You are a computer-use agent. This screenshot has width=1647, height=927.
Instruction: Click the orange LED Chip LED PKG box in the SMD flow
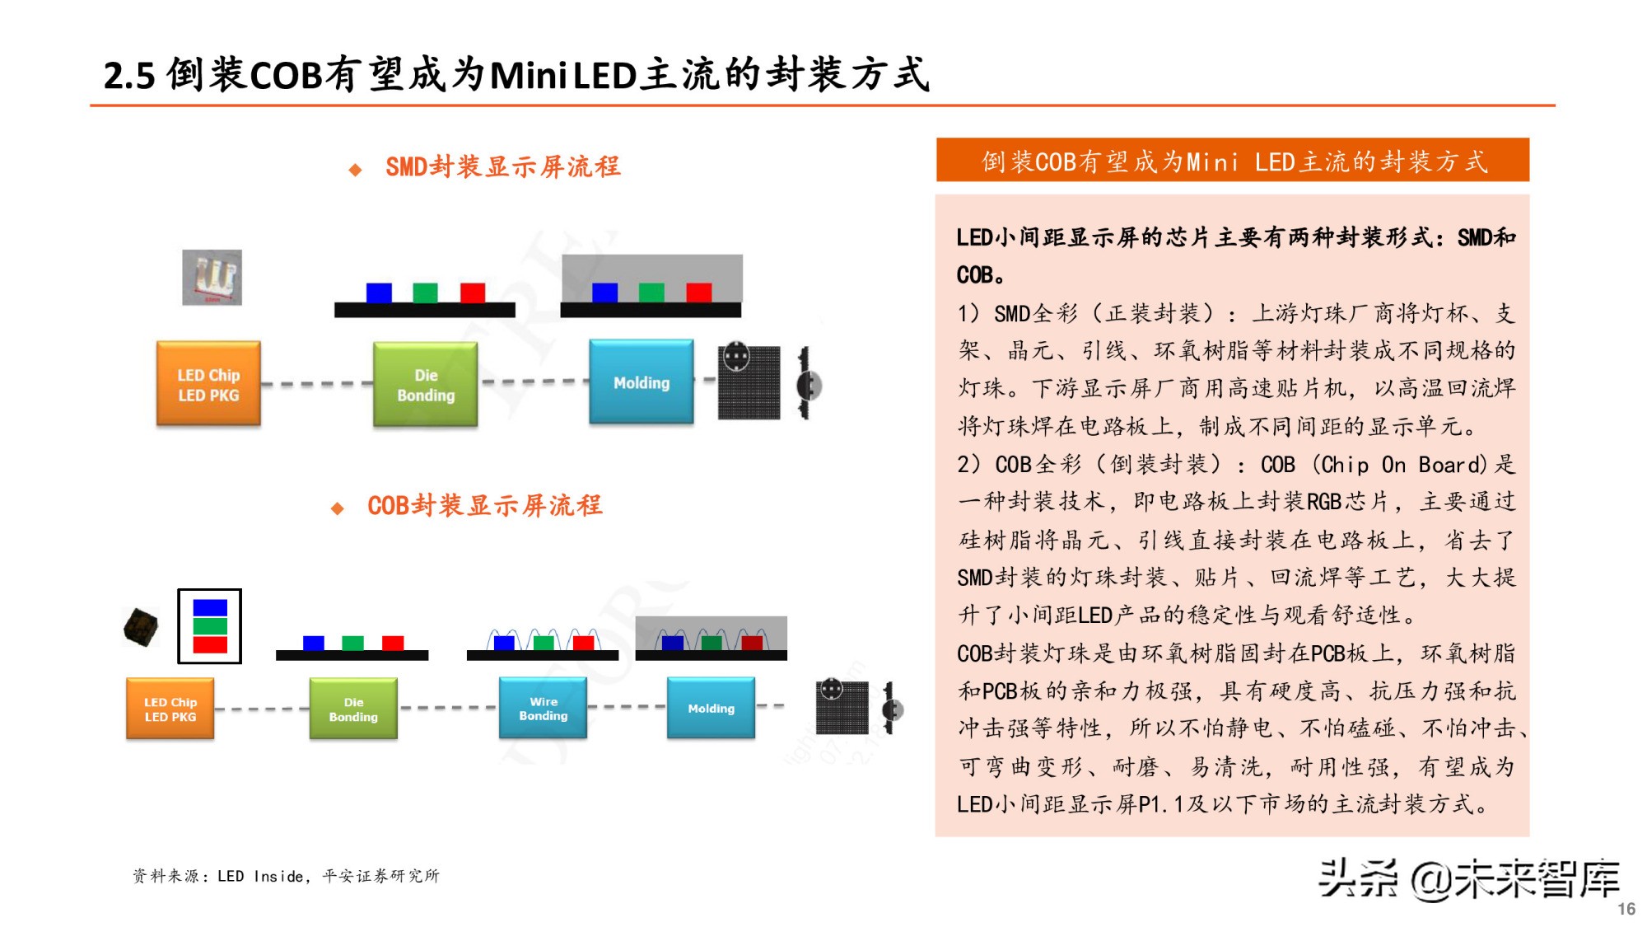(208, 384)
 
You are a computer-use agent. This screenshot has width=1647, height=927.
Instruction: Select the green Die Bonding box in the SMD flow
(425, 385)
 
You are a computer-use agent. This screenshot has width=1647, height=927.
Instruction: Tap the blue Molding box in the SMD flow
(641, 382)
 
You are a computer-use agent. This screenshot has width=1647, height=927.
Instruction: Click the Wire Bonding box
(543, 709)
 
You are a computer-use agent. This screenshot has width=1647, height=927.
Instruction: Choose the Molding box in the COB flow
(711, 709)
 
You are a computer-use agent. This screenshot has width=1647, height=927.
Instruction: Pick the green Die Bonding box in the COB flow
(353, 709)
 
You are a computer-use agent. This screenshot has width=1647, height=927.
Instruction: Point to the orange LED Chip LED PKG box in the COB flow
(170, 709)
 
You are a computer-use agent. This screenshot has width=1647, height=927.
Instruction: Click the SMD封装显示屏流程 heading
(502, 167)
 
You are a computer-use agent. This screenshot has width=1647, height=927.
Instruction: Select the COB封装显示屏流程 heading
(484, 506)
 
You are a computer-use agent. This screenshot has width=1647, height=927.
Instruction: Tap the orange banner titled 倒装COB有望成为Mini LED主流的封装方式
(1232, 161)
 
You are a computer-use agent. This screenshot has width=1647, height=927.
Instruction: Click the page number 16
(1626, 909)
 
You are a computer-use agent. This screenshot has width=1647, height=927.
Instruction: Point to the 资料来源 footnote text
(286, 876)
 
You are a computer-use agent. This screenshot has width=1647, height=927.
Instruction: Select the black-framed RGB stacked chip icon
(210, 626)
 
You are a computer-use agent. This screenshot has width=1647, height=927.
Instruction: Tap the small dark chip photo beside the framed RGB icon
(141, 627)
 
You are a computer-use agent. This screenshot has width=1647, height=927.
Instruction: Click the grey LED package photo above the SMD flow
(212, 278)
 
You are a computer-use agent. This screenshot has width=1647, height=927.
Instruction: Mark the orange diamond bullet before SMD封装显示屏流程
(355, 170)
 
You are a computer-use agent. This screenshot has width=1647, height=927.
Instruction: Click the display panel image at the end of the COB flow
(842, 707)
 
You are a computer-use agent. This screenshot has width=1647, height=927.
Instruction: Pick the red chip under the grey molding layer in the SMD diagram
(698, 293)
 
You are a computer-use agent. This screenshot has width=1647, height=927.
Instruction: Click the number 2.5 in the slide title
(129, 76)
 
